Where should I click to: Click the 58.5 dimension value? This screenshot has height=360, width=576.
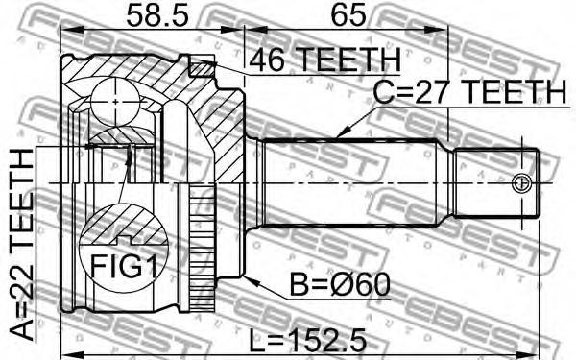(157, 15)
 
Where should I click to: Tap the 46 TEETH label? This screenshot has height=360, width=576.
(324, 60)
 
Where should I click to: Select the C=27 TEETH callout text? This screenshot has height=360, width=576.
(469, 91)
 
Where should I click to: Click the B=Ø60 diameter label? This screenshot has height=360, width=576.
(340, 285)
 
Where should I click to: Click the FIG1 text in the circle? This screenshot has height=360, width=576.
(124, 266)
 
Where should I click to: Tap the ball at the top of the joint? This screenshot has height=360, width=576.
(115, 102)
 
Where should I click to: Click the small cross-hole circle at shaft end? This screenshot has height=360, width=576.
(521, 182)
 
